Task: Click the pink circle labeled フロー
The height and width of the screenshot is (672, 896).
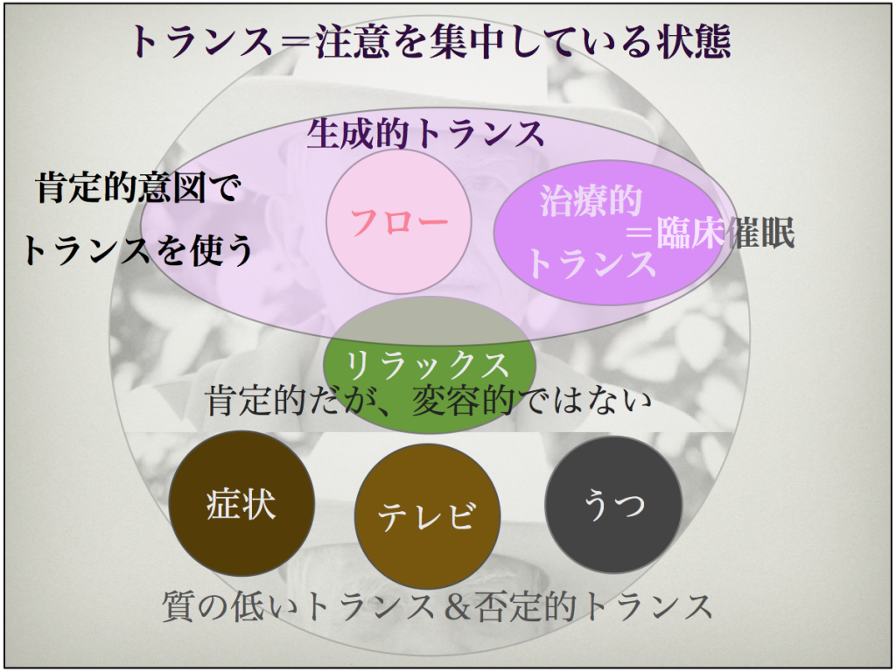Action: click(x=399, y=221)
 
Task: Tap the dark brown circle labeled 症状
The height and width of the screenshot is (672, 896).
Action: click(x=241, y=503)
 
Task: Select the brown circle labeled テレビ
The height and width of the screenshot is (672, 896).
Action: click(x=427, y=516)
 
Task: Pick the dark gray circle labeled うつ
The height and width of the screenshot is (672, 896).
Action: click(x=613, y=504)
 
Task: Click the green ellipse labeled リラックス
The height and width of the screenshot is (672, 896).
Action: click(x=430, y=364)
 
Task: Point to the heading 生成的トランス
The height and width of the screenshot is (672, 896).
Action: click(x=426, y=134)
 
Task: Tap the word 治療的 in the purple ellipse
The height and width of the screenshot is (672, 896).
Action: click(x=591, y=201)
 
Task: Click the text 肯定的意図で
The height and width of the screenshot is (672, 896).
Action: click(x=139, y=187)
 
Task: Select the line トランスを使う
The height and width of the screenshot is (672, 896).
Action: click(x=137, y=249)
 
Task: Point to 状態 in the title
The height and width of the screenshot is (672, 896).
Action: click(x=694, y=42)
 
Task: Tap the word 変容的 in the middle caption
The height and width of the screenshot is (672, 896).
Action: click(x=463, y=401)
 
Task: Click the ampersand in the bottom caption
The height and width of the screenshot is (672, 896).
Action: click(x=457, y=607)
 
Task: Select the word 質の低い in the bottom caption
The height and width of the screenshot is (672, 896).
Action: click(x=233, y=606)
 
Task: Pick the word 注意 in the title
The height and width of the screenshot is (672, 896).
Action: click(x=353, y=42)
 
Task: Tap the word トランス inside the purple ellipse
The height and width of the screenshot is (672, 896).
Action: click(x=591, y=263)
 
